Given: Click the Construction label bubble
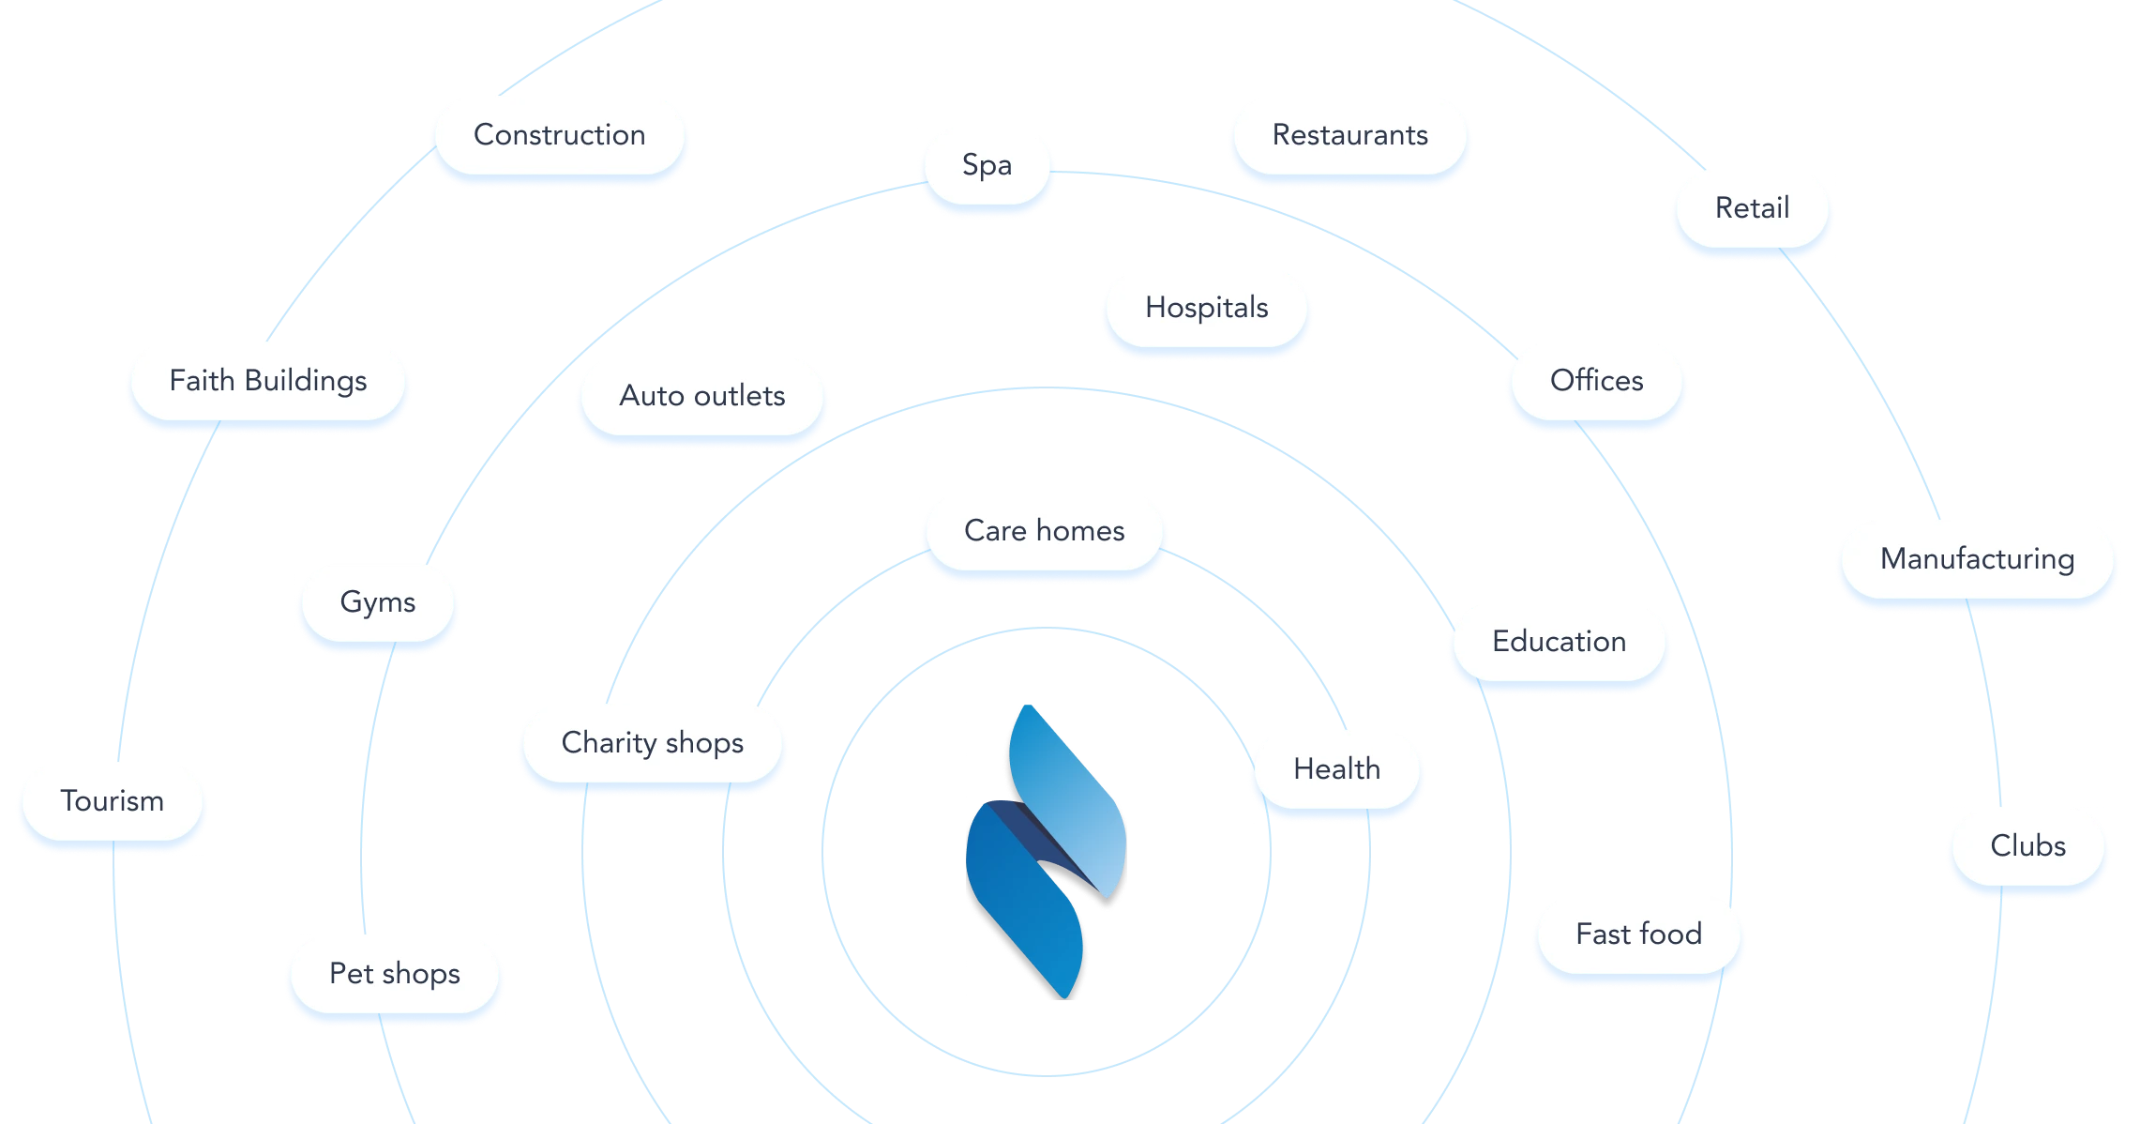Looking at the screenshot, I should point(560,135).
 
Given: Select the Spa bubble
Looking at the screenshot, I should point(987,165).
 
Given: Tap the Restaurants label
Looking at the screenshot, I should point(1349,135).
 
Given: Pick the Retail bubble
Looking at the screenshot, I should point(1752,208).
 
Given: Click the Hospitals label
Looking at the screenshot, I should point(1206,308).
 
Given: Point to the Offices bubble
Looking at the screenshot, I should point(1596,381).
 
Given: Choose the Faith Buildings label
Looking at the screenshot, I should point(268,381).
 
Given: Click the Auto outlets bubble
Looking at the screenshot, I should point(701,396).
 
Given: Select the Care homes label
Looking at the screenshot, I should point(1044,531).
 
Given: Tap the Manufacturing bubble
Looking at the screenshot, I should point(1977,559).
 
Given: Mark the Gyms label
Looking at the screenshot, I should point(377,602).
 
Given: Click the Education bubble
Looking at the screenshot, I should point(1559,642).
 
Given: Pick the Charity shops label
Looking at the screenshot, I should point(652,743).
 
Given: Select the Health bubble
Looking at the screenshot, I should point(1336,769).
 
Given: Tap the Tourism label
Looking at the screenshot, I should point(112,801).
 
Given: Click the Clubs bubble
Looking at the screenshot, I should point(2027,846).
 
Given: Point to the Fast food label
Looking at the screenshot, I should point(1638,934).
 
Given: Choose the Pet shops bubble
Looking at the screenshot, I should point(394,974).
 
